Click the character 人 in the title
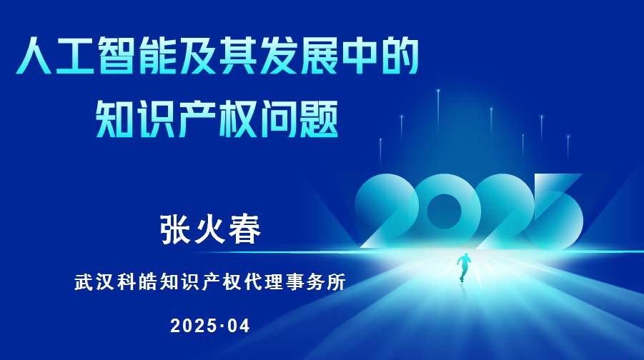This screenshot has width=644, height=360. pyautogui.click(x=34, y=56)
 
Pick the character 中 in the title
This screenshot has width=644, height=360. pyautogui.click(x=358, y=56)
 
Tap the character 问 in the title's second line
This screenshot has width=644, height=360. pyautogui.click(x=277, y=119)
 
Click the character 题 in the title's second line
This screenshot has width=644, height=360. pyautogui.click(x=318, y=119)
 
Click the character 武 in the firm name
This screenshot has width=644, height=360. pyautogui.click(x=84, y=282)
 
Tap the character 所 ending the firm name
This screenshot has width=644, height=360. pyautogui.click(x=337, y=282)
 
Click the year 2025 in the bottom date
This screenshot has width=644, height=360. pyautogui.click(x=193, y=326)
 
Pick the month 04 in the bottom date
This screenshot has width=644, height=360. pyautogui.click(x=237, y=326)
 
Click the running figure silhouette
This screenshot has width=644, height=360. pyautogui.click(x=464, y=267)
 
